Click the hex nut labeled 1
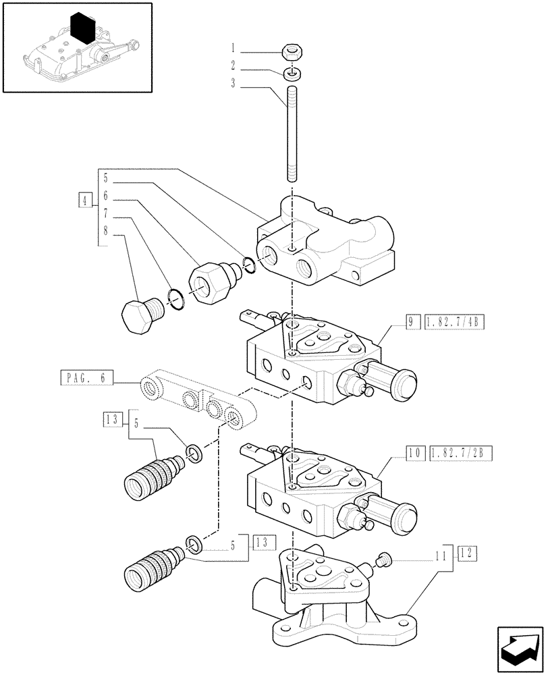292,51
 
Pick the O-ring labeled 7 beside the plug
174,298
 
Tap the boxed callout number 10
411,451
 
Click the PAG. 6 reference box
86,377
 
